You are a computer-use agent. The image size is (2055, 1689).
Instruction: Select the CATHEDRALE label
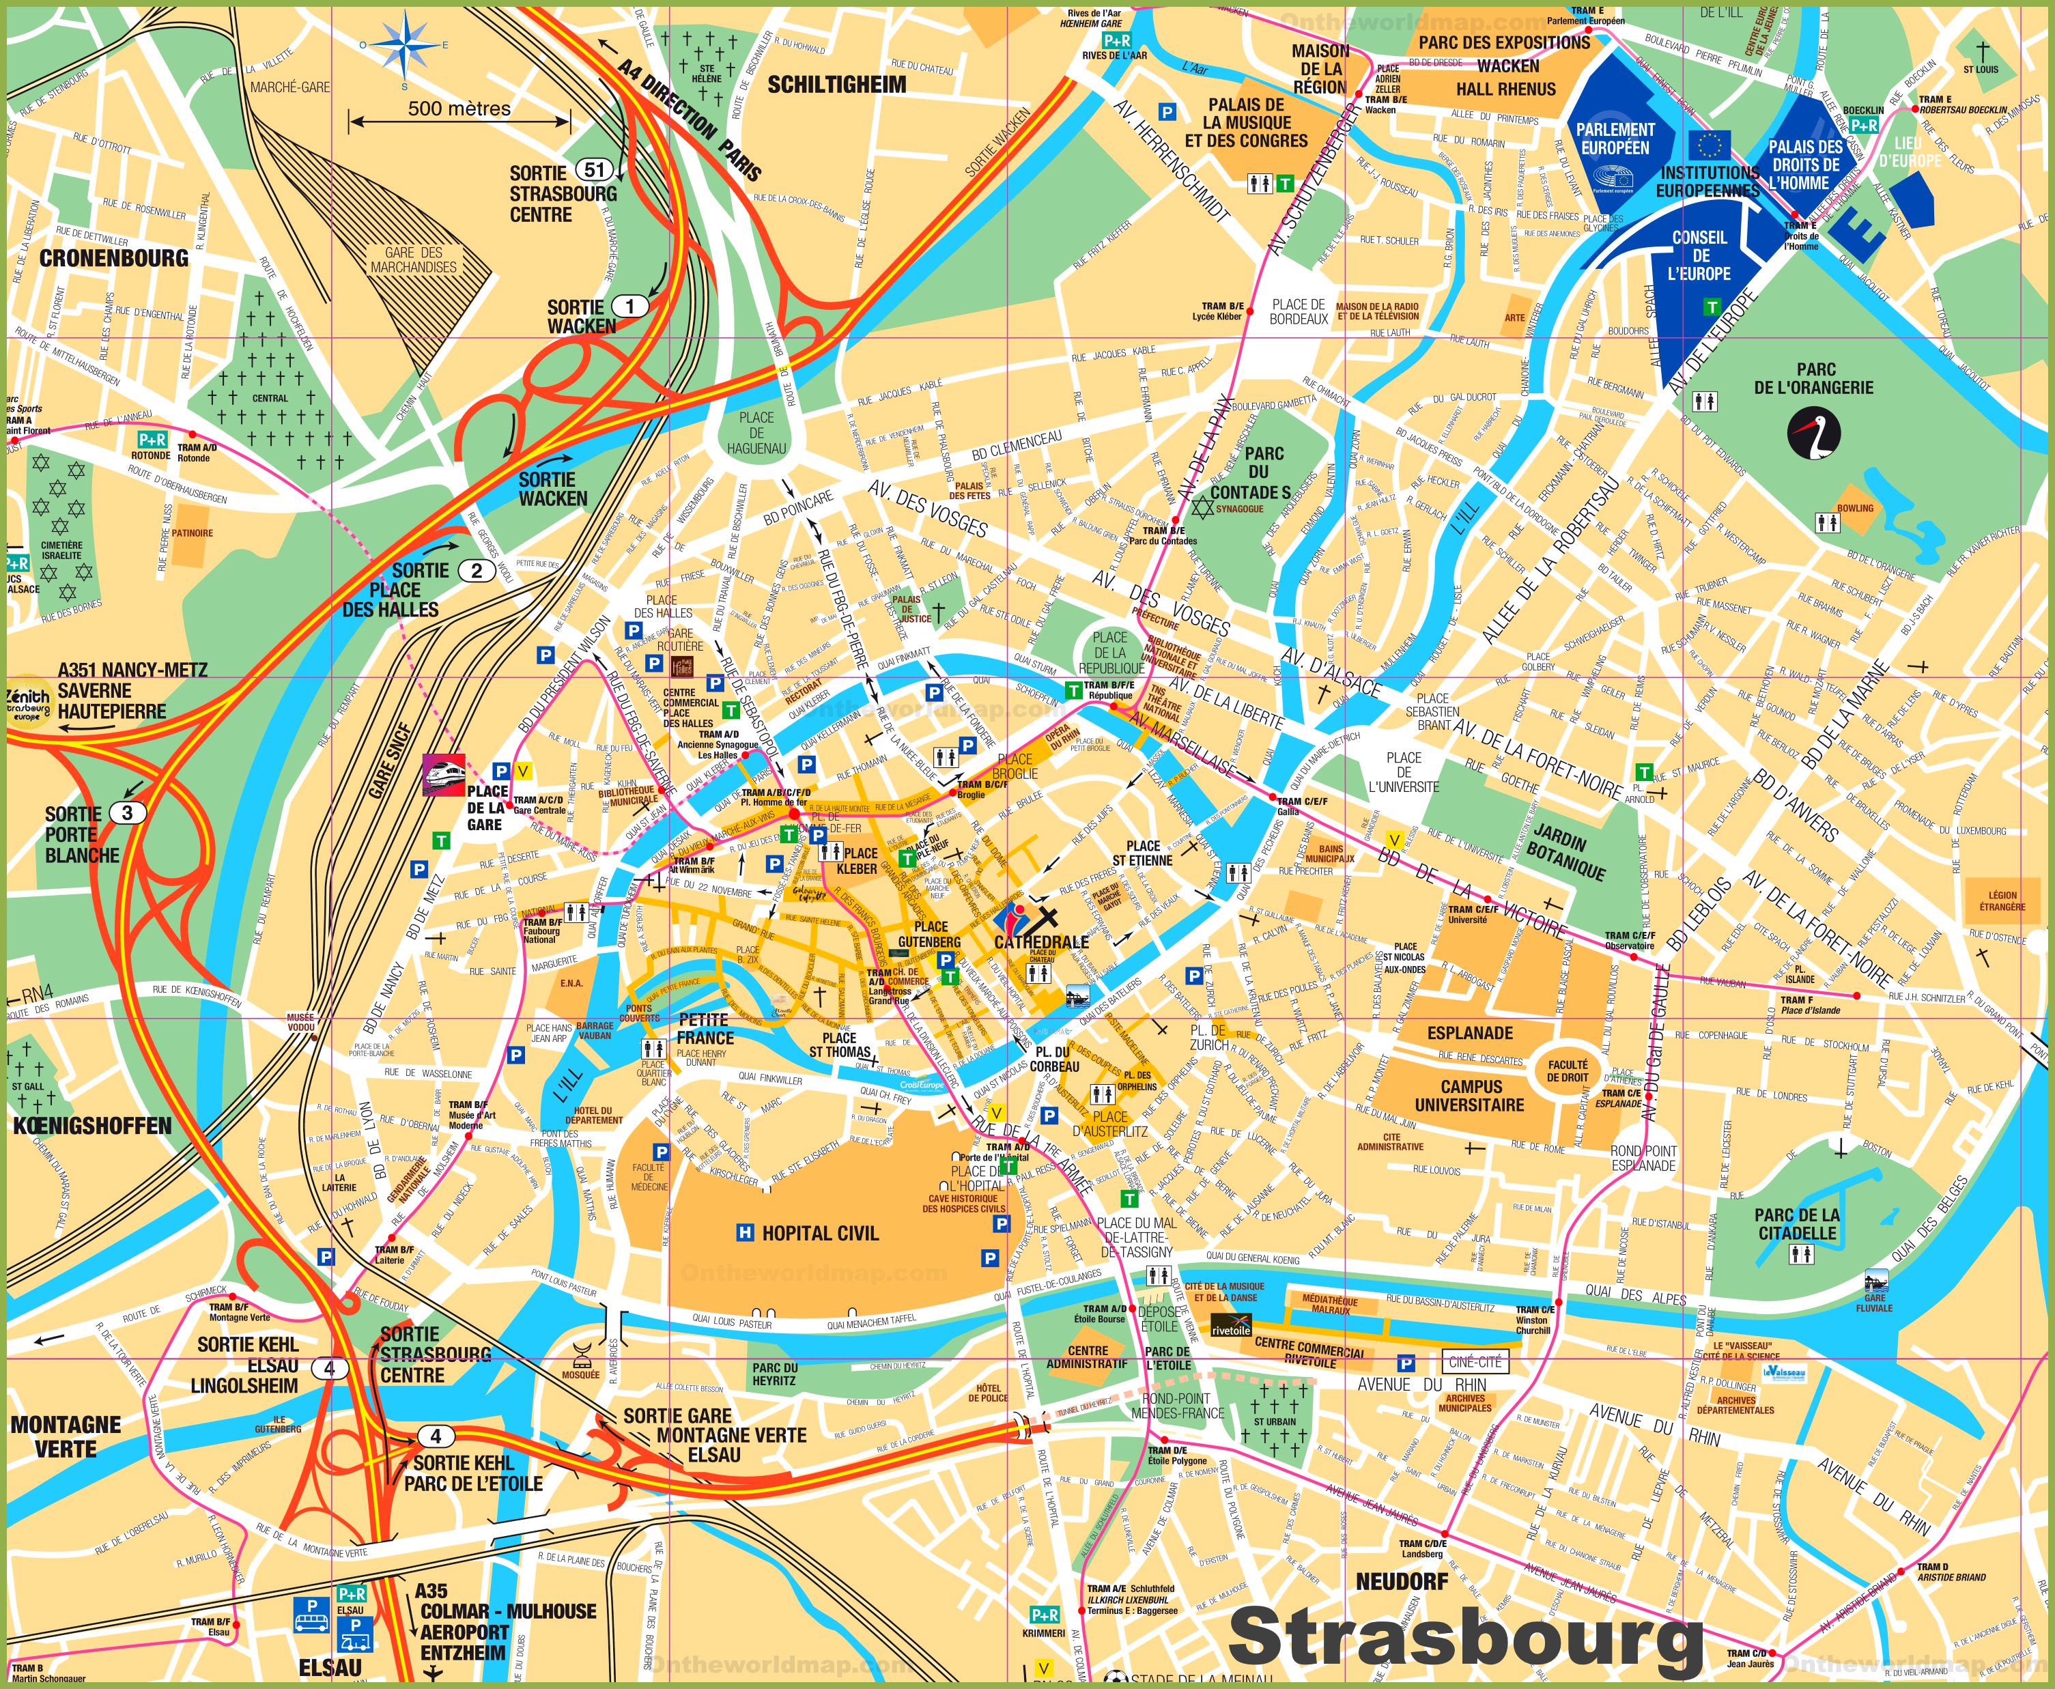[1041, 942]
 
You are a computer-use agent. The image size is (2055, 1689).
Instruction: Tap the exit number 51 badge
[593, 169]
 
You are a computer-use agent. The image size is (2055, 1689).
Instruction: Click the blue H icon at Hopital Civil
[744, 1233]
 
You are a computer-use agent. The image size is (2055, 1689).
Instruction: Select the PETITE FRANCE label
[705, 1028]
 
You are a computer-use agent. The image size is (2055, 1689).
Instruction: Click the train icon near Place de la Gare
[442, 774]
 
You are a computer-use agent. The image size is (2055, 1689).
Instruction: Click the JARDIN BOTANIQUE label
[1567, 852]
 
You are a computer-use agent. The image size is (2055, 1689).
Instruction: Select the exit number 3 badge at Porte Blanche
[128, 812]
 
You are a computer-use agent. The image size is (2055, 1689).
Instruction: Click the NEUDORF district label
[1401, 1581]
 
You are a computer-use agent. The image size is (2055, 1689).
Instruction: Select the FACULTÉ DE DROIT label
[1568, 1071]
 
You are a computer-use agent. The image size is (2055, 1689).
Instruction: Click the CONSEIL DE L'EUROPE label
[1699, 255]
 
